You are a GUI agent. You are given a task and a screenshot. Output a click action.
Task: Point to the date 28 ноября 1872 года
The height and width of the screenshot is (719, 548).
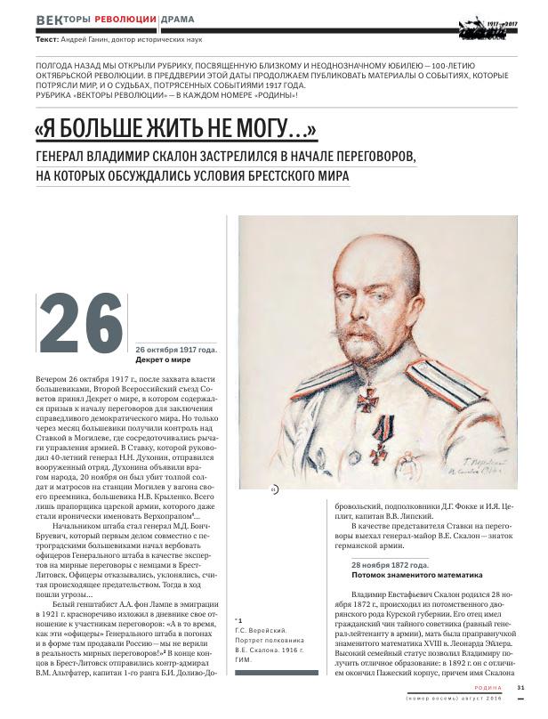click(x=391, y=564)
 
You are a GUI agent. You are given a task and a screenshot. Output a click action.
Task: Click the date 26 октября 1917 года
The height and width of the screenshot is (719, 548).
click(x=176, y=351)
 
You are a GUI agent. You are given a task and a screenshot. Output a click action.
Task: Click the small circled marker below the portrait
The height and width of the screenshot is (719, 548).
click(x=274, y=489)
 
